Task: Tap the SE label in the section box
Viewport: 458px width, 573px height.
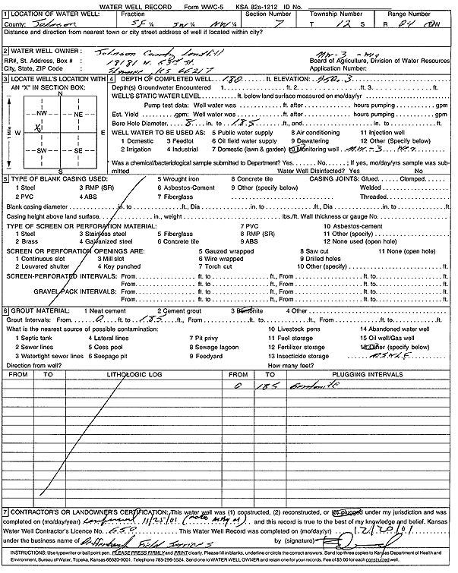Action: [76, 151]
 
